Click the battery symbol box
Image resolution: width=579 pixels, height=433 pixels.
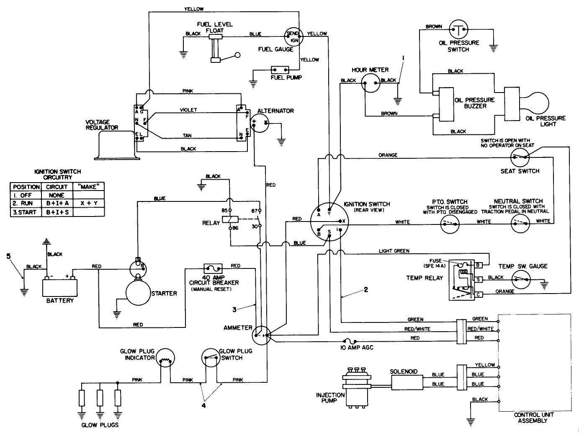pos(60,287)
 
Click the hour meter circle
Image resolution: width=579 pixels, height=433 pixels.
pos(371,82)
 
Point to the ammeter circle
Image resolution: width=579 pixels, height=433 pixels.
pos(262,335)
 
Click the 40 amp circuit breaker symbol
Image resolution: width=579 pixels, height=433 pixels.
pos(213,268)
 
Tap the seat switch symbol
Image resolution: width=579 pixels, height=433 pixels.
pos(520,158)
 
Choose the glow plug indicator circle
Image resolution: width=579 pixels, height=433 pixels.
pos(165,359)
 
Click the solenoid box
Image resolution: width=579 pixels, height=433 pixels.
pos(404,379)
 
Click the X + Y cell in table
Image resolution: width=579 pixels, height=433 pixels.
pos(88,204)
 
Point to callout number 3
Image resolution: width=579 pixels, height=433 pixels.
pos(235,309)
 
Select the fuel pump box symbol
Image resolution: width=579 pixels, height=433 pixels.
pos(280,70)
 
